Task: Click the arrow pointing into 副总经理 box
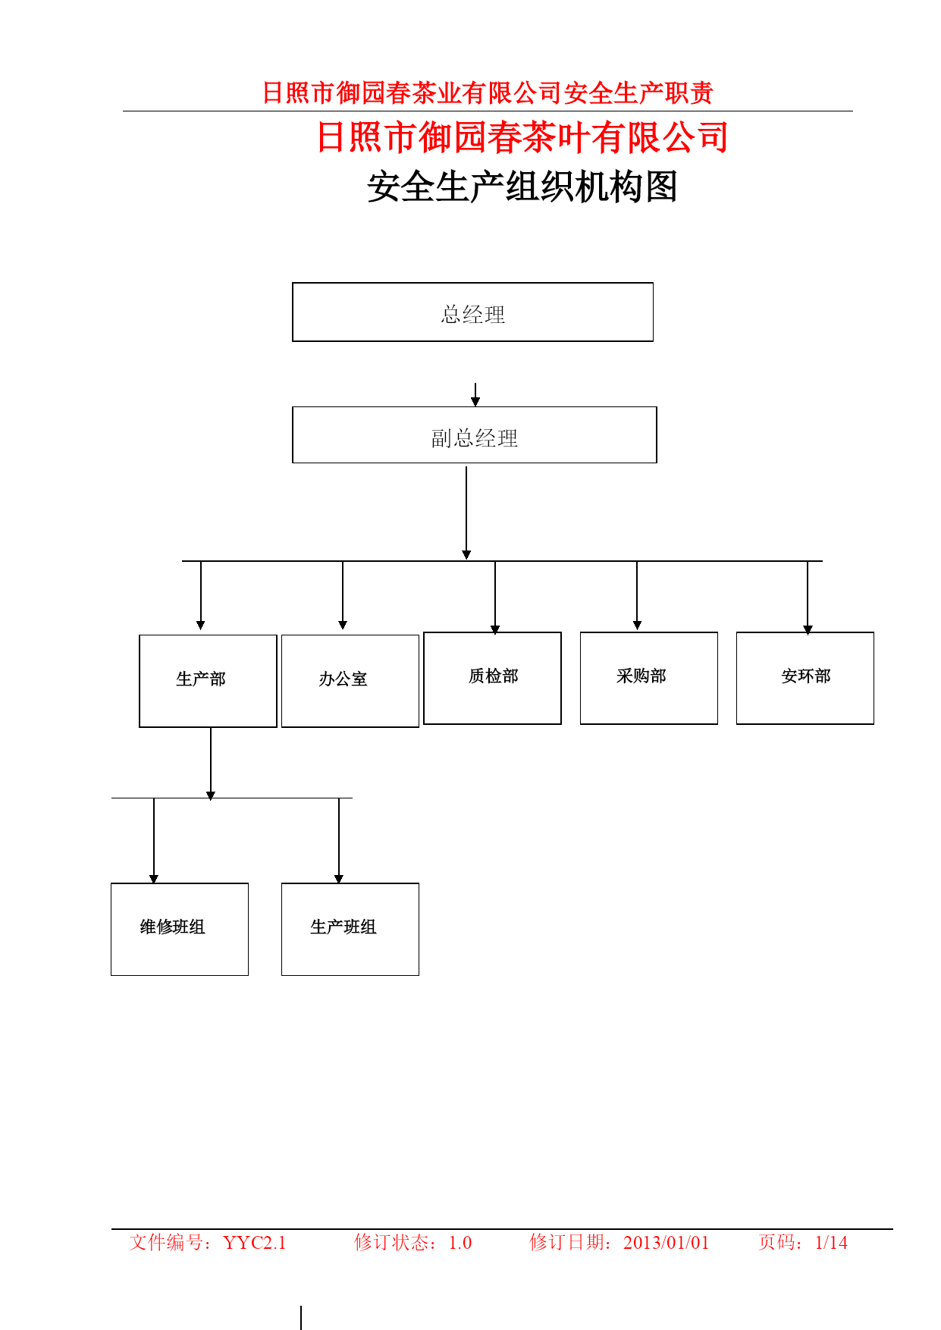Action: [475, 394]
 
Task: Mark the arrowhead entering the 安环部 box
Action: [808, 629]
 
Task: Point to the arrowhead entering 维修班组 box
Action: [154, 879]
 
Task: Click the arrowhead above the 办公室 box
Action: [343, 625]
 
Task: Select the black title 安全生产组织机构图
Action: [522, 187]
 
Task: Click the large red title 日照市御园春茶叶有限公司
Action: [522, 137]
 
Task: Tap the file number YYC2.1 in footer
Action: [255, 1242]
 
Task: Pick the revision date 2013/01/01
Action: [666, 1242]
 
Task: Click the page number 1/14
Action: [831, 1242]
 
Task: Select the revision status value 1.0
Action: [460, 1242]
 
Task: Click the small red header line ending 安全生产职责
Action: [488, 93]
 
